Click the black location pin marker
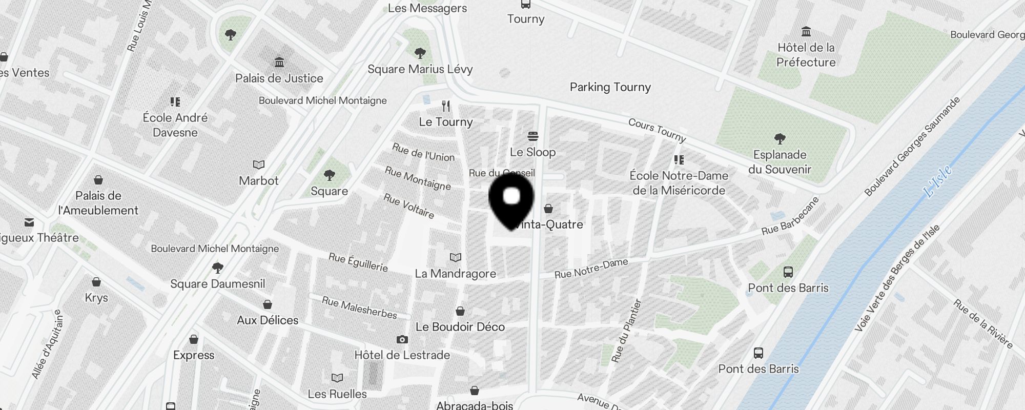coord(511,200)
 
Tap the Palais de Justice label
coord(279,78)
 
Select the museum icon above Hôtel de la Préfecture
coord(806,32)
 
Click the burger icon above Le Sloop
coord(533,136)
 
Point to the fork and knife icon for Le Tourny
coord(446,106)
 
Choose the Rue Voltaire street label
coord(409,206)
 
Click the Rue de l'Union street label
coord(423,152)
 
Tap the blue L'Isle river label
coord(937,181)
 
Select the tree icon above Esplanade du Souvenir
coord(780,138)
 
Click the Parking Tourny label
coord(610,87)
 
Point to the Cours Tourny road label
coord(657,130)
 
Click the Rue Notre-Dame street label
coord(591,269)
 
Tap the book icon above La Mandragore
coord(455,257)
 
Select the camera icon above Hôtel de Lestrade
coord(402,339)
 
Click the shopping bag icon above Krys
coord(96,282)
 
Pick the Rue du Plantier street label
coord(626,331)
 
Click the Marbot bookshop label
coord(259,181)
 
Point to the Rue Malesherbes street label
coord(359,307)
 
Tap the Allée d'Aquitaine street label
coord(47,344)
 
